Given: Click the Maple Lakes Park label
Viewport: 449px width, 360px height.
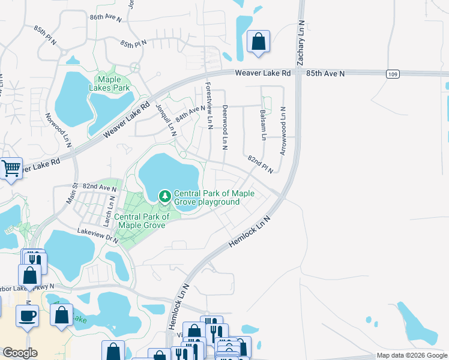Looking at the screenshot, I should tap(113, 83).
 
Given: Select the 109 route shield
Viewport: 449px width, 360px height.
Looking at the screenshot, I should tap(392, 73).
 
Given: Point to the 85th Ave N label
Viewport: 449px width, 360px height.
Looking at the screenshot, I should tap(325, 73).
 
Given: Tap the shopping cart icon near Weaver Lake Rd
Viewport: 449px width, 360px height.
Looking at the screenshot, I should tap(11, 169).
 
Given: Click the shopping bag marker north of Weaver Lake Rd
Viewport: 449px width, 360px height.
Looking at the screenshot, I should tap(258, 42).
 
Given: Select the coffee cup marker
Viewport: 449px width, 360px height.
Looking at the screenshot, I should tap(27, 316).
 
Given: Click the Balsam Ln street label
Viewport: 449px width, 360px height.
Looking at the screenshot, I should tap(263, 125).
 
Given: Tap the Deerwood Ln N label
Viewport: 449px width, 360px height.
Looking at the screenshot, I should tap(225, 127).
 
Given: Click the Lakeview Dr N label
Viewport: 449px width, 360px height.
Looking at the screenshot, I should tap(97, 234).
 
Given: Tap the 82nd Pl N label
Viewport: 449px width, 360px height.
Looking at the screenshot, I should tap(260, 163).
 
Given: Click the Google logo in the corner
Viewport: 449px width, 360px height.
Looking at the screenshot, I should tap(20, 353).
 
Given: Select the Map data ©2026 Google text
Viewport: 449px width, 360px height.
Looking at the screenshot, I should tap(412, 355).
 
